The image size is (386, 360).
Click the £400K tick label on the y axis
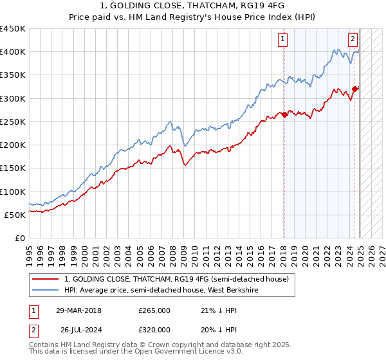(13, 52)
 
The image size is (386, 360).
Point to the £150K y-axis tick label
(13, 168)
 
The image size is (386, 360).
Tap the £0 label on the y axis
(20, 239)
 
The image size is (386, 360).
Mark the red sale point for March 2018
(284, 115)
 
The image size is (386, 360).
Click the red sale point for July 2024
(354, 89)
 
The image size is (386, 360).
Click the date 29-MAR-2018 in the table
(87, 310)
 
